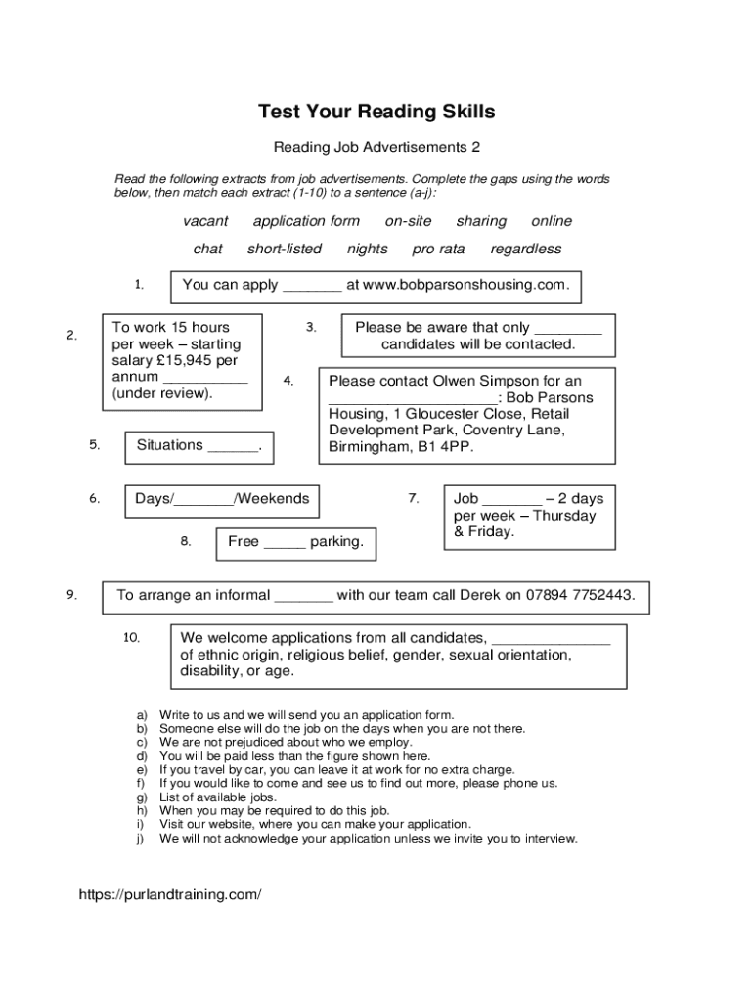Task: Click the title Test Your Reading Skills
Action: [376, 112]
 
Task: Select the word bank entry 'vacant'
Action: [205, 221]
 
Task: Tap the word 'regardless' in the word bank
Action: [525, 249]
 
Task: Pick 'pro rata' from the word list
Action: [438, 249]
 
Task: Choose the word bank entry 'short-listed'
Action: [284, 249]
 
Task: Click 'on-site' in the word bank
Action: [408, 221]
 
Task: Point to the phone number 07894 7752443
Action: [580, 595]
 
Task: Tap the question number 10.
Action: [132, 638]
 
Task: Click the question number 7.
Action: [414, 499]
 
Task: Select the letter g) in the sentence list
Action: [142, 797]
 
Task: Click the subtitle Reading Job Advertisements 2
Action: [376, 148]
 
